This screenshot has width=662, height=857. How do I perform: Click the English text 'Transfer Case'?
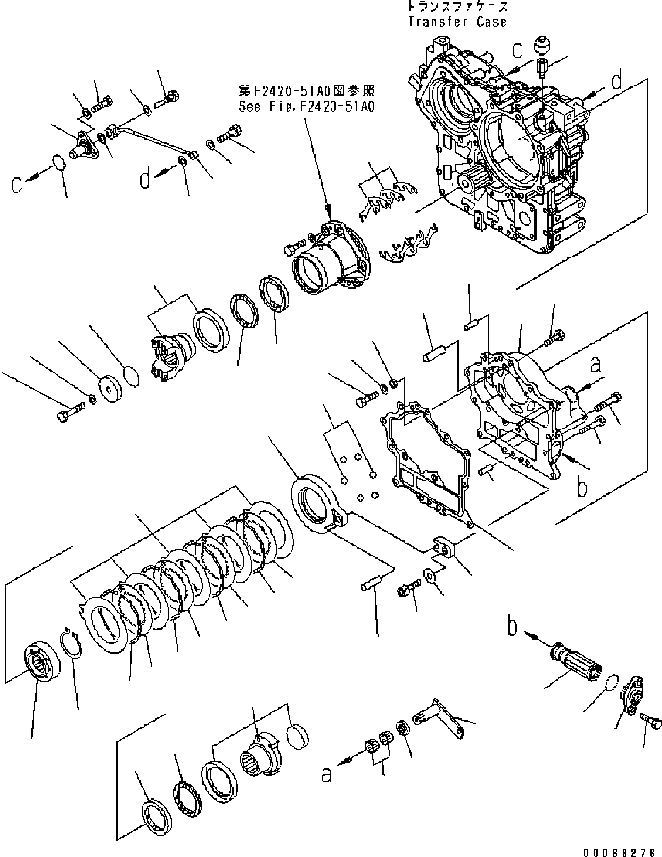[456, 21]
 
